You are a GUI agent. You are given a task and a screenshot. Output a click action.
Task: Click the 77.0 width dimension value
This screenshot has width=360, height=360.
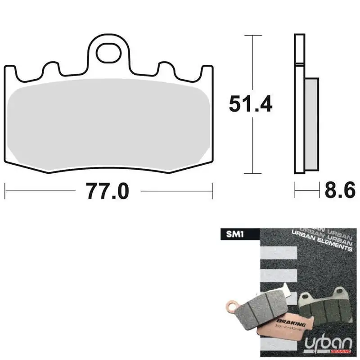click(108, 191)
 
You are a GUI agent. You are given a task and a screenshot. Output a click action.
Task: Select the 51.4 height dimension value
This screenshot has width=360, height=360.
click(251, 104)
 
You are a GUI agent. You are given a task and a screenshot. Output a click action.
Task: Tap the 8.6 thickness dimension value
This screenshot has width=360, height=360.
click(340, 191)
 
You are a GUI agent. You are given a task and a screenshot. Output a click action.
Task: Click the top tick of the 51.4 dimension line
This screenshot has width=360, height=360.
click(253, 35)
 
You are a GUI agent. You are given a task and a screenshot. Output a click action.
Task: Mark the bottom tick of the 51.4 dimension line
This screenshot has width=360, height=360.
click(253, 173)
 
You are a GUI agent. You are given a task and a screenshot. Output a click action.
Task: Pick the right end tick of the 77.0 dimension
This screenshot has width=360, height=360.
click(212, 191)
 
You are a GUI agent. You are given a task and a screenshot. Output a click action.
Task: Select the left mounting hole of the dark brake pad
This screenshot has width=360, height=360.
click(307, 297)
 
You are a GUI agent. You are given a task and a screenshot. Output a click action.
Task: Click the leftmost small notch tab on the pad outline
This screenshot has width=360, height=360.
click(51, 70)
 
